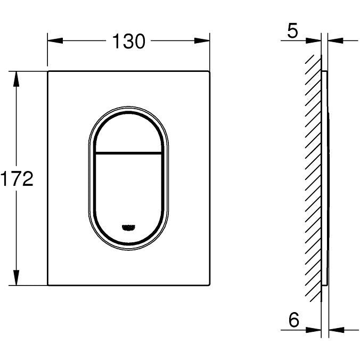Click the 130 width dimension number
coord(128,41)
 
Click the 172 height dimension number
coord(17,178)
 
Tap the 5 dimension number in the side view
coord(292,30)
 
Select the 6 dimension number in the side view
coord(294,320)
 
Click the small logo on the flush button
coord(128,227)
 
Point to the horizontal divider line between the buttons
coord(128,153)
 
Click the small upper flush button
coord(128,133)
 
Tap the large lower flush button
coord(128,198)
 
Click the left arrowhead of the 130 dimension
coord(55,40)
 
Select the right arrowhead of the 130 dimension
coord(202,40)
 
